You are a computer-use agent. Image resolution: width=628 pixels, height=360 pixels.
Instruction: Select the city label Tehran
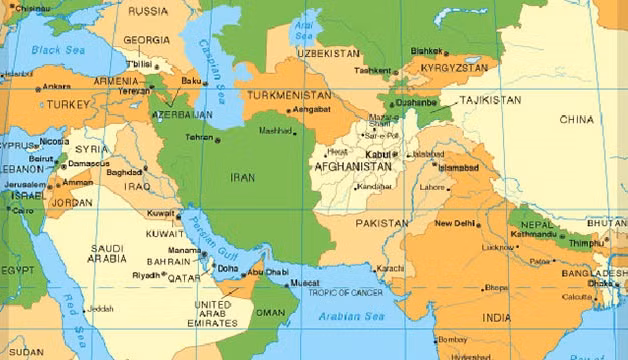(x=200, y=136)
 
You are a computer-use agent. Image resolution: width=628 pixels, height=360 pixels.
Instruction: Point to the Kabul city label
(x=379, y=155)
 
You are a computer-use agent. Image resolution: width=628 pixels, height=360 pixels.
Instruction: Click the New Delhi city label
(x=457, y=224)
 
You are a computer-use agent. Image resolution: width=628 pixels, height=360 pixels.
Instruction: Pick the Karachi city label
(x=391, y=269)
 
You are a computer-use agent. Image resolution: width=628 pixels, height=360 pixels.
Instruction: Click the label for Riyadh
(x=145, y=274)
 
